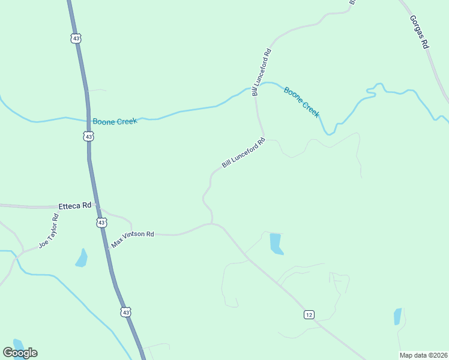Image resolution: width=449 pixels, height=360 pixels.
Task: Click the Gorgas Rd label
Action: click(421, 31)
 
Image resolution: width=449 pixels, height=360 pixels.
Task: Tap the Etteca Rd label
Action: click(74, 205)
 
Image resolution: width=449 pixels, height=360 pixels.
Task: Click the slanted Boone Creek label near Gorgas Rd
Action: click(301, 101)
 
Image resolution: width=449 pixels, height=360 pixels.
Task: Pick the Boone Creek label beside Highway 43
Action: click(115, 121)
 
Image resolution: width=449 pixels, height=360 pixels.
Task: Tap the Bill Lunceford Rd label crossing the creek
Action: click(262, 73)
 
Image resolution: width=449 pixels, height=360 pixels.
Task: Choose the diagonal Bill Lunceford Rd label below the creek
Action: click(243, 153)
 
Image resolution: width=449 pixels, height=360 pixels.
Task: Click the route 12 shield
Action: click(309, 315)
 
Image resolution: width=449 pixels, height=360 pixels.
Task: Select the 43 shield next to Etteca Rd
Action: click(101, 223)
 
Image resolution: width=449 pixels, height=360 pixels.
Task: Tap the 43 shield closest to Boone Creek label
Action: click(89, 136)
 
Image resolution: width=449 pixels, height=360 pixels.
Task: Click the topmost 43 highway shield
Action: click(75, 38)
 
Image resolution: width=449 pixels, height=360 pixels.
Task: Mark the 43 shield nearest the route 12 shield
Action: click(125, 312)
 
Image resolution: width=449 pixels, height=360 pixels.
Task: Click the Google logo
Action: click(20, 353)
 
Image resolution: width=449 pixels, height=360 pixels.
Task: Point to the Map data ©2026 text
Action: click(423, 355)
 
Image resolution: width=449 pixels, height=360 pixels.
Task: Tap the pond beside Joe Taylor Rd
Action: click(81, 258)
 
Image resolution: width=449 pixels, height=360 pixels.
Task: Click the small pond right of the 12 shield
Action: click(397, 316)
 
